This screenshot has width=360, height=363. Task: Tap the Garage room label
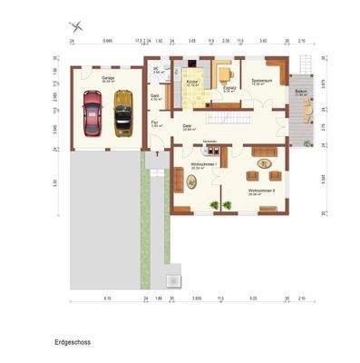107,79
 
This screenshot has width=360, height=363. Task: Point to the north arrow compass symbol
76,25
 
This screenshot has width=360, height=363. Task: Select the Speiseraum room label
263,80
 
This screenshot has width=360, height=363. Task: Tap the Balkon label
301,93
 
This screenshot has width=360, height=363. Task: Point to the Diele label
188,126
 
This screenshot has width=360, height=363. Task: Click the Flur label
155,123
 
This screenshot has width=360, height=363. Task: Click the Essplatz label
229,89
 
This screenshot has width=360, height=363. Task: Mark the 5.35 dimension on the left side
56,181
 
